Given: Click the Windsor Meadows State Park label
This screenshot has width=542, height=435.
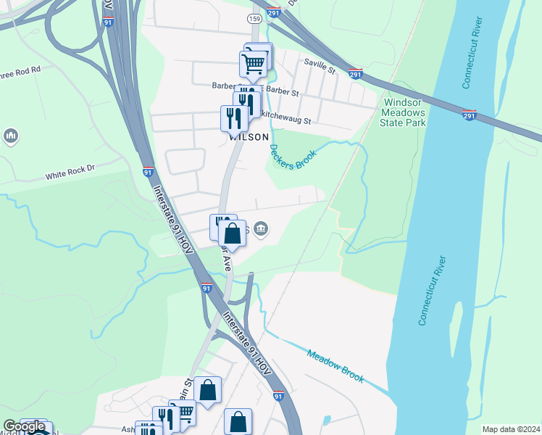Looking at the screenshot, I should coord(403,112).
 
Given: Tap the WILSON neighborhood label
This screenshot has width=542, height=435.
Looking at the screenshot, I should coord(249,136).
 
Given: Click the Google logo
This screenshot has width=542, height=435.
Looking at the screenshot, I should coord(25,426).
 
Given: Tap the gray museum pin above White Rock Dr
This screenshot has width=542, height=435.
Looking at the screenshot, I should coord(11,136).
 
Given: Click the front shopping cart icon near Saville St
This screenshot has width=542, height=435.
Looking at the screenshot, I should coord(253,64).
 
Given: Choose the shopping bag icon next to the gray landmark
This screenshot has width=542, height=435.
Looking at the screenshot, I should coord(232,234).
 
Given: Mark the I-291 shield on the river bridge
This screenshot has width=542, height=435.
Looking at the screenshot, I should coord(469,115).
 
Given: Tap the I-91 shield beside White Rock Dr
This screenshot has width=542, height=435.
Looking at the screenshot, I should coord(148,172).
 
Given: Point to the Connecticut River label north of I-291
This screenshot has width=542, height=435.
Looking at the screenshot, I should coord(472,62).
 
